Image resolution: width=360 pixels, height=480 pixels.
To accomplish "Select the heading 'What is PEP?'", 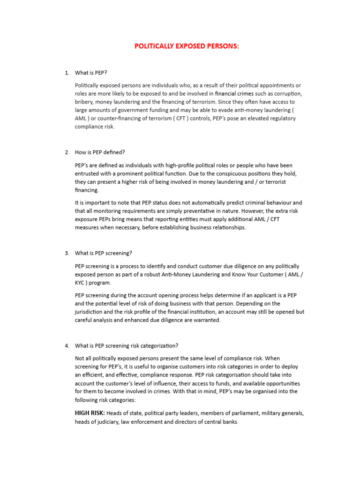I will click(x=94, y=73).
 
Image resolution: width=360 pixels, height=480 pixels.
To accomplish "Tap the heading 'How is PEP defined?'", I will click(x=100, y=152).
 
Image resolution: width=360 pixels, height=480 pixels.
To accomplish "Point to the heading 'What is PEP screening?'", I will click(x=104, y=253).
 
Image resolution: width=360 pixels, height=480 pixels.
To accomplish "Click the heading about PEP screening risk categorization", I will click(x=127, y=346).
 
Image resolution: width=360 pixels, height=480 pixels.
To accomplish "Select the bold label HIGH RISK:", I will click(x=90, y=413).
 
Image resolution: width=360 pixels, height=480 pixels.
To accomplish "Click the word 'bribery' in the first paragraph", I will click(x=85, y=102).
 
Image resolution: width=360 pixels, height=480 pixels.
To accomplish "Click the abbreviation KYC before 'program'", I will click(x=81, y=283).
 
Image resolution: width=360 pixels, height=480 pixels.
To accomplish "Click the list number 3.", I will click(x=67, y=253).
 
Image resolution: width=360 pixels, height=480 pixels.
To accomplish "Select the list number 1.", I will click(x=67, y=73).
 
